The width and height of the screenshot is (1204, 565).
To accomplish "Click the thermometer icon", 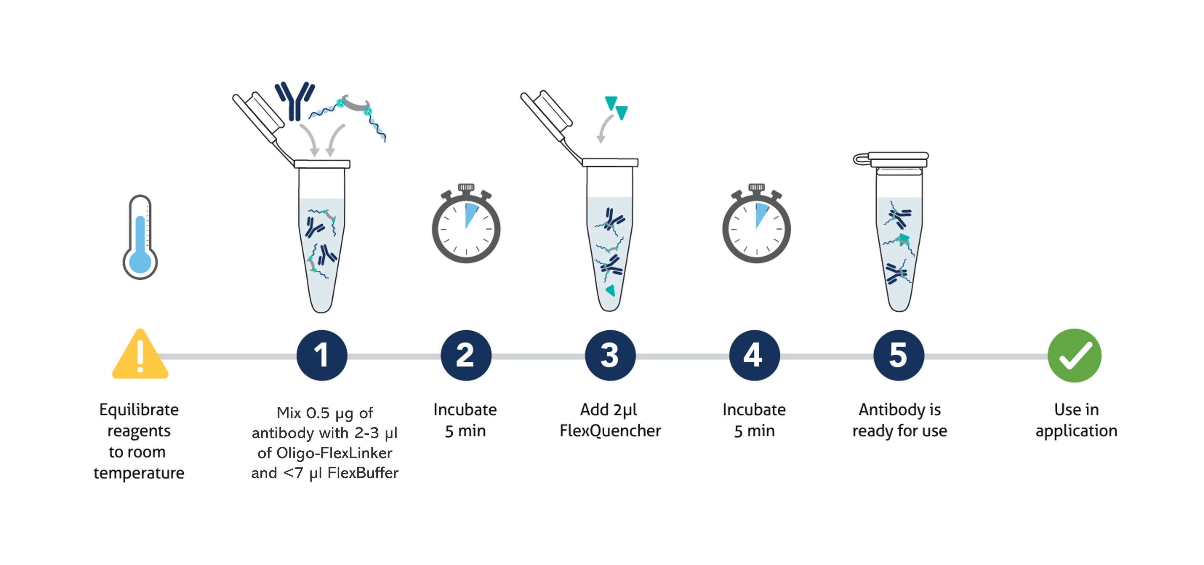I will coord(140,238).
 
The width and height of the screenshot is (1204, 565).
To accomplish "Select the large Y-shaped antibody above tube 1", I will coord(294,100).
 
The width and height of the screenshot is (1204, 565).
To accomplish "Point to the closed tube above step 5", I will coord(898,231).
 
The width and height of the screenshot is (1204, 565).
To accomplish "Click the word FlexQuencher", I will coord(610,431).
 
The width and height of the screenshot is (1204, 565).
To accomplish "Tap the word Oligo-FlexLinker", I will coord(334,453).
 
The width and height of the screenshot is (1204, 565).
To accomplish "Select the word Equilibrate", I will coord(139,410).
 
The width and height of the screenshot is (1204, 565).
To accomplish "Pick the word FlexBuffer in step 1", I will coord(363,473).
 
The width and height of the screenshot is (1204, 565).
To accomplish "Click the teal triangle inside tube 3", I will coord(610,291).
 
